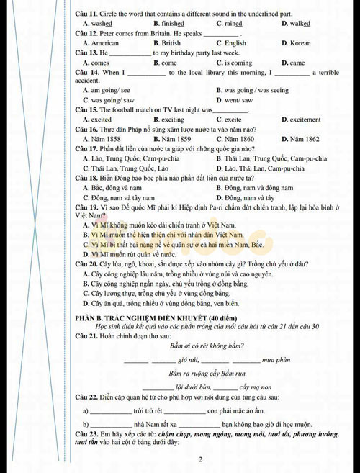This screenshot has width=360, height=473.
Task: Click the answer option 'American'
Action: click(x=104, y=43)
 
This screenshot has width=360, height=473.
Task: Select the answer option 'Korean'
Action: click(x=300, y=43)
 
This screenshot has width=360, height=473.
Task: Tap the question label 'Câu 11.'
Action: click(x=87, y=13)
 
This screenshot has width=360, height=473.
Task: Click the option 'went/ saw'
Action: click(x=238, y=100)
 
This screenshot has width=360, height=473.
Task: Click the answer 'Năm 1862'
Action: click(x=302, y=139)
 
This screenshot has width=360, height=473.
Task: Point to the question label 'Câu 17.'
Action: click(x=87, y=148)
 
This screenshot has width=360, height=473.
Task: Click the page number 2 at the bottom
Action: click(x=200, y=459)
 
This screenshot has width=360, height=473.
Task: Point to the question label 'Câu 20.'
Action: click(x=87, y=264)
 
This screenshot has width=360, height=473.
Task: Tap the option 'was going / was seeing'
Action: click(x=256, y=91)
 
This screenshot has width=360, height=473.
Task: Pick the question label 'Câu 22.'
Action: click(x=87, y=397)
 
